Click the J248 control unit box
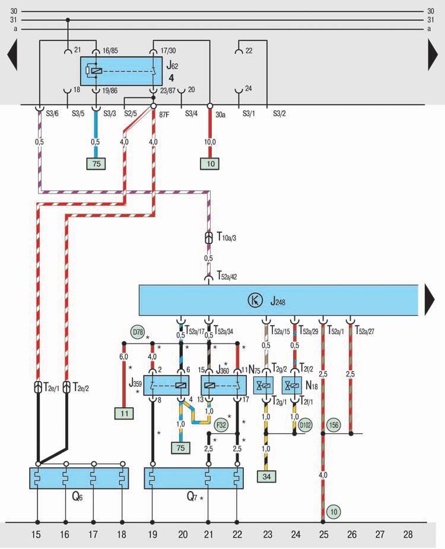279,300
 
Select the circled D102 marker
306,424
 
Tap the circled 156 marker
334,424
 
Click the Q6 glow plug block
80,478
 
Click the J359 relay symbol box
167,385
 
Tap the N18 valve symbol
293,385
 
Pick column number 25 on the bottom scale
323,535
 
